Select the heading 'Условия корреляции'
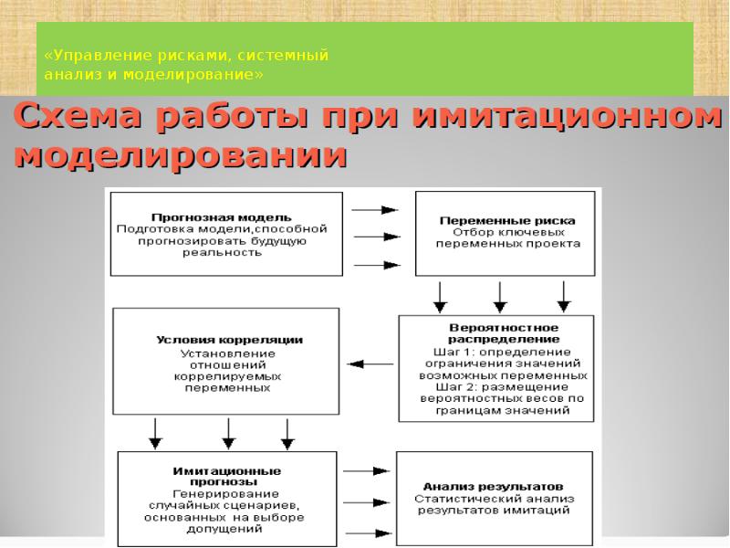[229, 340]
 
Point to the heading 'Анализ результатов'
[493, 486]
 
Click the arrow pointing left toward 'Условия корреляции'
[370, 364]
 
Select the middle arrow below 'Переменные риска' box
[500, 295]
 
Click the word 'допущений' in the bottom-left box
[224, 529]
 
